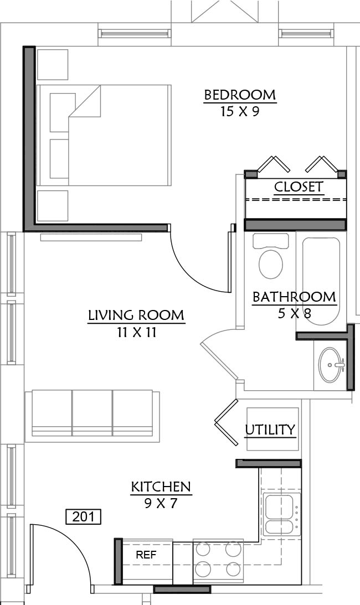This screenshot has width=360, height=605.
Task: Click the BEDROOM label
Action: pos(240,95)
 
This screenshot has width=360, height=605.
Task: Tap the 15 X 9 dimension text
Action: pos(239,112)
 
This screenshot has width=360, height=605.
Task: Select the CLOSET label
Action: pos(299,187)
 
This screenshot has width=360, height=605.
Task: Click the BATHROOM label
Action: pos(294,297)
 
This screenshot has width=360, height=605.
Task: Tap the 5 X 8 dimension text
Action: pos(294,313)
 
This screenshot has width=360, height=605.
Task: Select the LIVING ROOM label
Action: pos(136,316)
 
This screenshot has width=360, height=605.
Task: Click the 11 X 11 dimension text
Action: pos(137,332)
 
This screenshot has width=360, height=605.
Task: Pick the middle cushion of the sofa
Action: pos(92,413)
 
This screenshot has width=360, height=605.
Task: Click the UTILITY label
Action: pos(270,430)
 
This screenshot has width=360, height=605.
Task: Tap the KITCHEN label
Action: pos(161,487)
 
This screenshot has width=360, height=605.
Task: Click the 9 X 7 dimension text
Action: pos(161,503)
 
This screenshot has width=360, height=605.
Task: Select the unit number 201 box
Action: pos(84,516)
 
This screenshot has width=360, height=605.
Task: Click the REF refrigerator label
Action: pos(146,555)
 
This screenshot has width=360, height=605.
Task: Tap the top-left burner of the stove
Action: pos(203,550)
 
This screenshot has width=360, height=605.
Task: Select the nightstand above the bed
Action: pos(53,64)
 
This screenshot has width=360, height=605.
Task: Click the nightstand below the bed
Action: pos(53,206)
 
